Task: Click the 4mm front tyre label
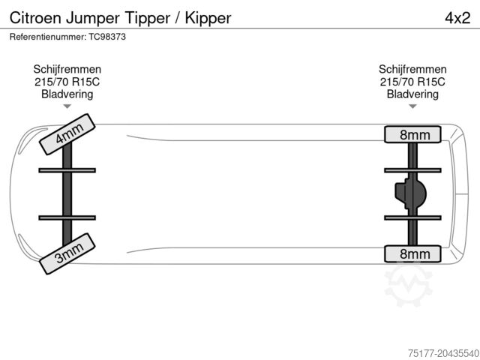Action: [67, 135]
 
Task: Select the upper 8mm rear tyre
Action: [414, 135]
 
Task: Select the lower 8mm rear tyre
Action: [414, 254]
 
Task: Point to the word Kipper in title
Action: [205, 16]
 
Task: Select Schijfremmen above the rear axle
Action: [413, 69]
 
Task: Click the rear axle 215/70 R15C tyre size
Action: [413, 82]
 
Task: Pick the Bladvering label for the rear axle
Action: [413, 94]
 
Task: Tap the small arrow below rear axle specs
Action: [413, 106]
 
